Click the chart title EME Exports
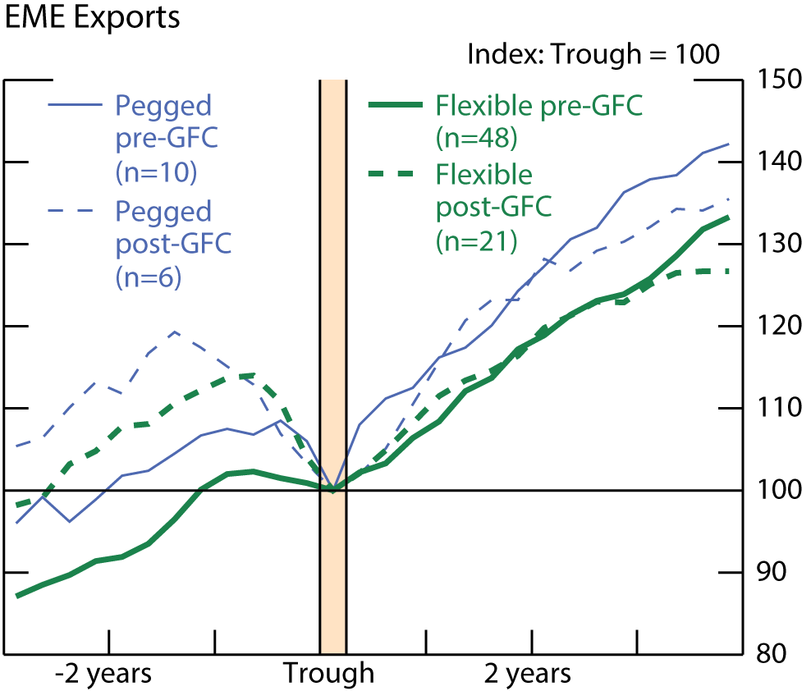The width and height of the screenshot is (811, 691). point(93,18)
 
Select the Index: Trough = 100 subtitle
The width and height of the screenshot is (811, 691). point(593,55)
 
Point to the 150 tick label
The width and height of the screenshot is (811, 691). point(776,80)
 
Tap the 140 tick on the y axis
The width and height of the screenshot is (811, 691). point(776,162)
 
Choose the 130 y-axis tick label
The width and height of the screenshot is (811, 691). point(776,244)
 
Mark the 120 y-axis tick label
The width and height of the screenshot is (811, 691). point(776,326)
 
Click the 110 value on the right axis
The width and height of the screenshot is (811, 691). point(776,408)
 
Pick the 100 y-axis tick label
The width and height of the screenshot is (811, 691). point(776,490)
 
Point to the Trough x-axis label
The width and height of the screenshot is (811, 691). point(329,675)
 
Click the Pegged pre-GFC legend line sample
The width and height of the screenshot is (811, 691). point(76,106)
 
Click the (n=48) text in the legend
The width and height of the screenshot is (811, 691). point(476,139)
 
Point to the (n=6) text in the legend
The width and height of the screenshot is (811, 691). point(149,277)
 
